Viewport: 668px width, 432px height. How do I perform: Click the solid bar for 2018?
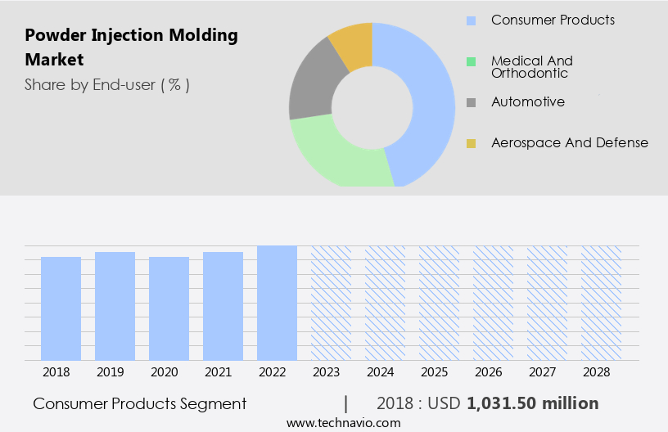pyautogui.click(x=61, y=308)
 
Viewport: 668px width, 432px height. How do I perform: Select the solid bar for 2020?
pyautogui.click(x=169, y=308)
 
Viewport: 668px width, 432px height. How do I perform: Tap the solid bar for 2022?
pyautogui.click(x=277, y=303)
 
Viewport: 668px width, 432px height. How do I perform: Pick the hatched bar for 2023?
pyautogui.click(x=331, y=303)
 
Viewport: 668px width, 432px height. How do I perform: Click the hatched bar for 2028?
pyautogui.click(x=601, y=303)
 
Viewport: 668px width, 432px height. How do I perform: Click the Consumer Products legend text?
pyautogui.click(x=553, y=20)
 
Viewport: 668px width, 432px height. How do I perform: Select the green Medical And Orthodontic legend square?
pyautogui.click(x=471, y=61)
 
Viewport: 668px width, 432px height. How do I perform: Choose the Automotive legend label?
pyautogui.click(x=527, y=102)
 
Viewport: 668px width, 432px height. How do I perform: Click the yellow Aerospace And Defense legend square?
pyautogui.click(x=471, y=143)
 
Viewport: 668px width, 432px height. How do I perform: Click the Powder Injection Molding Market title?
pyautogui.click(x=131, y=47)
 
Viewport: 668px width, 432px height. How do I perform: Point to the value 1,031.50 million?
pyautogui.click(x=532, y=403)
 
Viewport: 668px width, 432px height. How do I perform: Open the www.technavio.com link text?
pyautogui.click(x=343, y=423)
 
